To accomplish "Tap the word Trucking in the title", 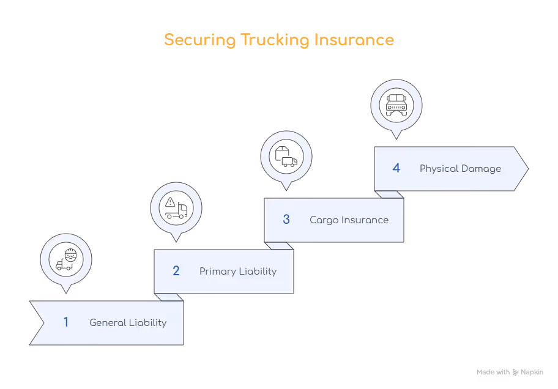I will (273, 41).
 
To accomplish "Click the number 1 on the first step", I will (66, 322).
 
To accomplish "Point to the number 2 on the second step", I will (176, 271).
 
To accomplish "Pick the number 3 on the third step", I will (286, 220).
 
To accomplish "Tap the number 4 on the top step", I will (396, 168).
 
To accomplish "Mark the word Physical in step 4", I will (439, 169).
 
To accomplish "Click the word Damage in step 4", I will (482, 169).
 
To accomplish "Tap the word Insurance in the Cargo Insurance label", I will (365, 220).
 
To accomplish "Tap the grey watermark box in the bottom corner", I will (508, 371).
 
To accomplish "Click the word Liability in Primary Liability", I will (258, 272).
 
